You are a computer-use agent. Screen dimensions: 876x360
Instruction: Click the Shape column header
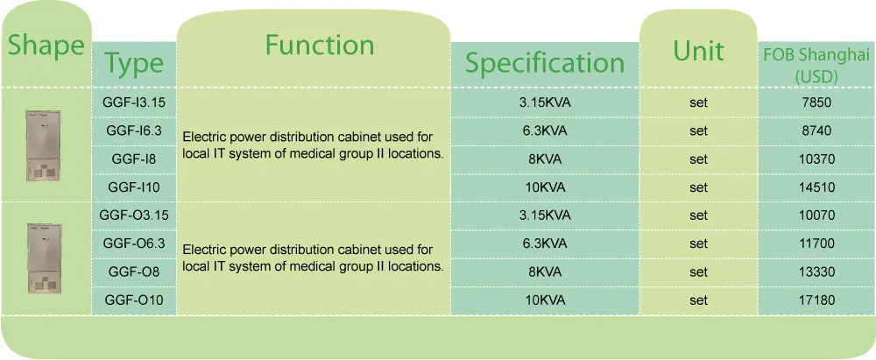click(46, 46)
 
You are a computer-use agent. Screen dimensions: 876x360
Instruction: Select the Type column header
click(134, 64)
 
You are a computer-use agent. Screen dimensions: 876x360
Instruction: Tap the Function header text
click(320, 45)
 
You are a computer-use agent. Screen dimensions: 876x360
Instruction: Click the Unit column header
click(698, 51)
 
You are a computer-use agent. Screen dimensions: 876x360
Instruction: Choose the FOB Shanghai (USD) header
click(816, 66)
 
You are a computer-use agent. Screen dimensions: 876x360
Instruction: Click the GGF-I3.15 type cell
click(134, 102)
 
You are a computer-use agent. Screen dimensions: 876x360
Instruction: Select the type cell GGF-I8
click(134, 159)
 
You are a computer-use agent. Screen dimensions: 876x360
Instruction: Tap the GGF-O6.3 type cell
click(134, 244)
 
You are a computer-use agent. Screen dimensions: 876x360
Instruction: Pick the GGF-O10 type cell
click(134, 300)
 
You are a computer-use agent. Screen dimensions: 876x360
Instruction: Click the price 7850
click(816, 102)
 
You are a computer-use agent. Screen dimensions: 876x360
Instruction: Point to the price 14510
click(816, 187)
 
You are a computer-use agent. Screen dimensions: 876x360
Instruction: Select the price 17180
click(816, 300)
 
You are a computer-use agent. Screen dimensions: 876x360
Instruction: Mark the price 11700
click(816, 244)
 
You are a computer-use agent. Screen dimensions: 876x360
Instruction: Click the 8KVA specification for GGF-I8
click(545, 159)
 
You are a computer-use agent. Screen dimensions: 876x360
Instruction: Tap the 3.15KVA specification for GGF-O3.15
click(545, 215)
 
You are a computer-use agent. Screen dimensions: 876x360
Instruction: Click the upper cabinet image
click(43, 145)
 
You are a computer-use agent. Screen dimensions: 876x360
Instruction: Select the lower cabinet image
click(44, 258)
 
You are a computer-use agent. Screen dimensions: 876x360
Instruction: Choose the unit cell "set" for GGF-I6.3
click(698, 131)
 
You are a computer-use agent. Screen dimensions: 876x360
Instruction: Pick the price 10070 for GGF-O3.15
click(816, 215)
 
